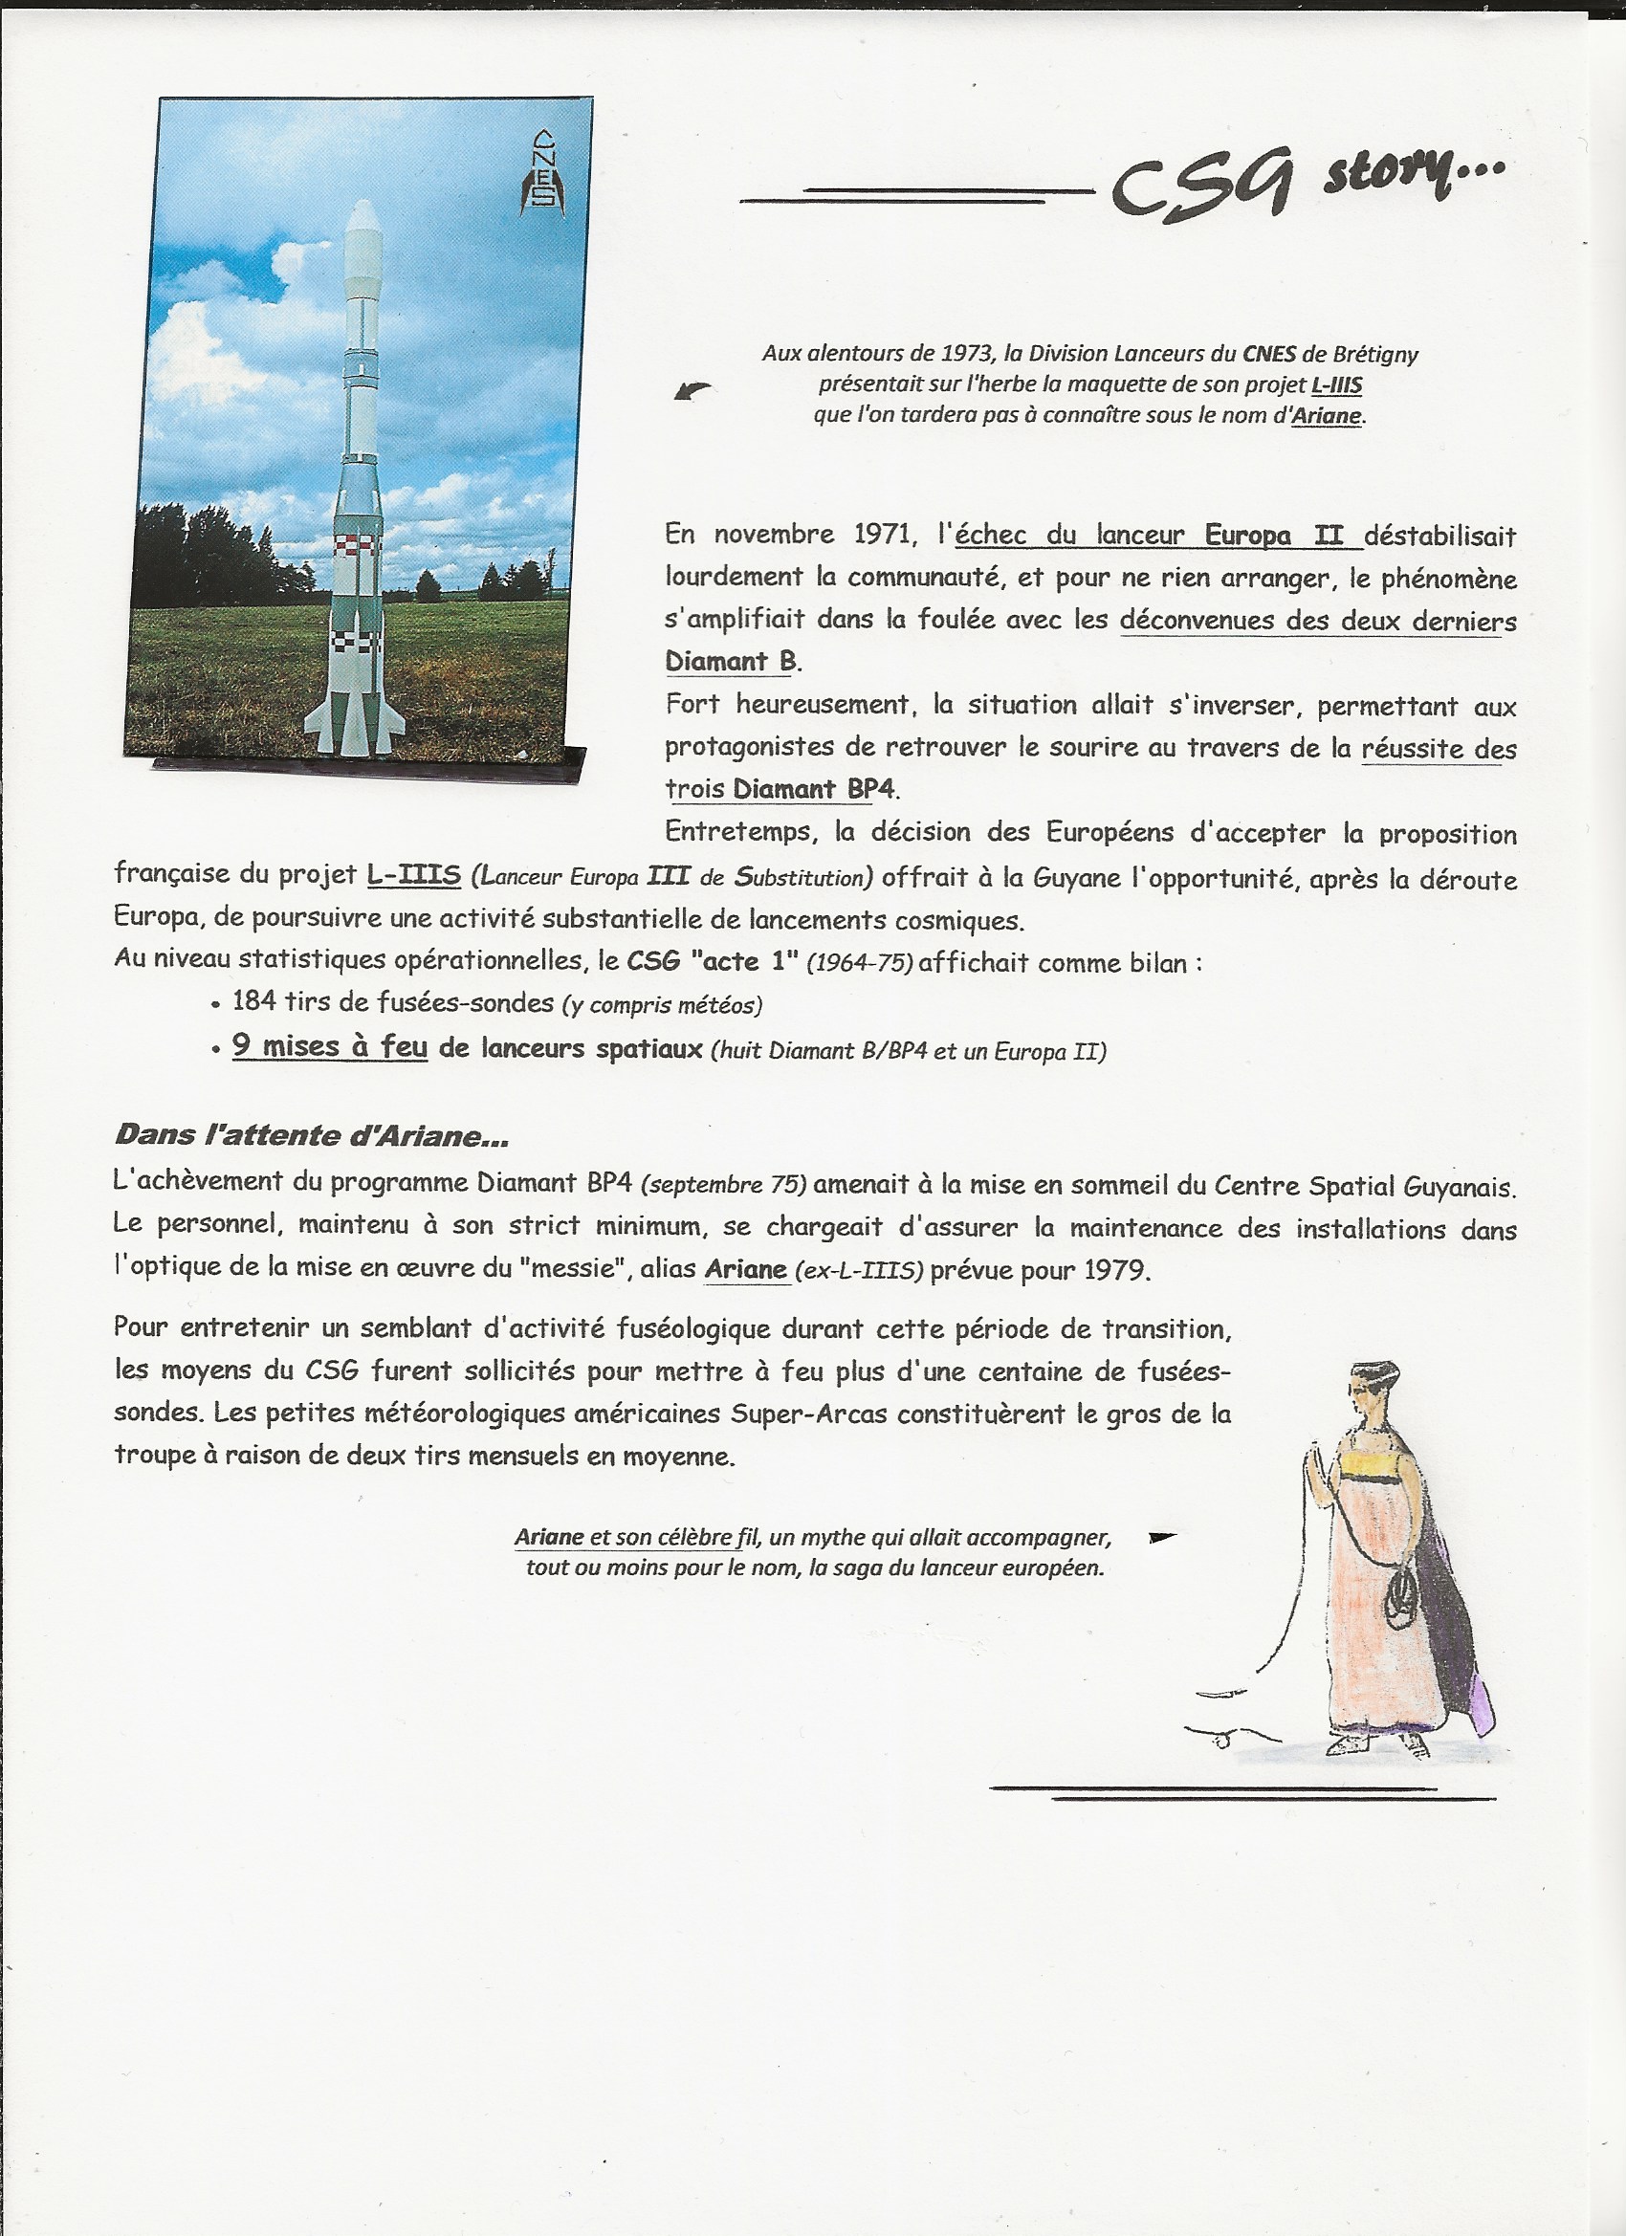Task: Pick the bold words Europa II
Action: click(x=1274, y=536)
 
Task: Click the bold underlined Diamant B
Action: click(x=731, y=661)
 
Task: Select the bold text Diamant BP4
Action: click(x=815, y=789)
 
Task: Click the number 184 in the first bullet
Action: click(x=253, y=1001)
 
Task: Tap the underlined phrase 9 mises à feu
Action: click(x=329, y=1046)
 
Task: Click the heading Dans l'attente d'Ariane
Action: click(x=312, y=1135)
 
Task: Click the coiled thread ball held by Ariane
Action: click(x=1400, y=1602)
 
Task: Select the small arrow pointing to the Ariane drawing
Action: click(x=1162, y=1536)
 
